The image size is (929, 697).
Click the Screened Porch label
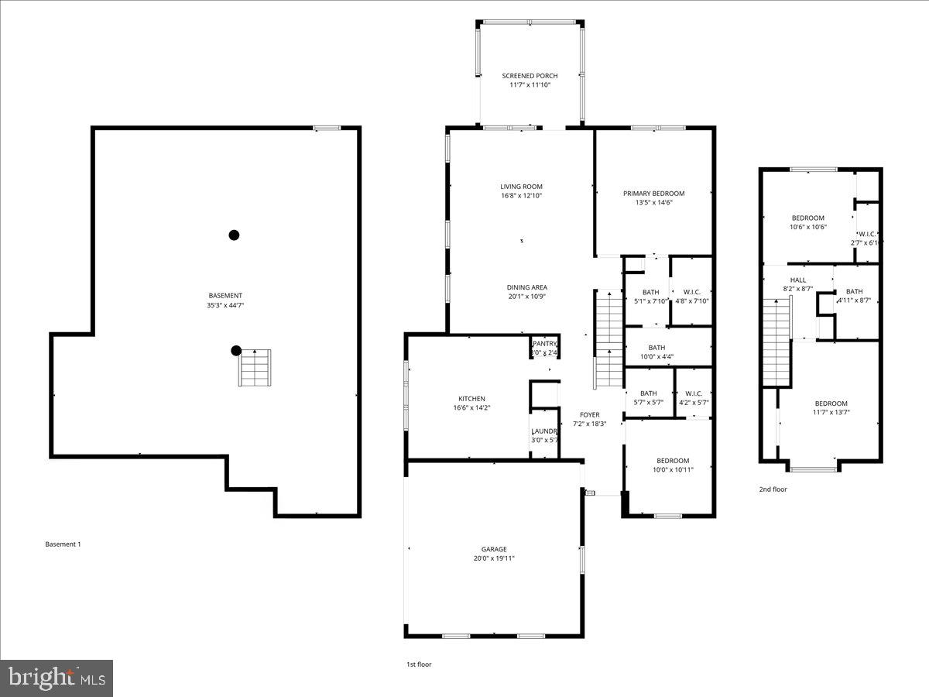click(x=530, y=76)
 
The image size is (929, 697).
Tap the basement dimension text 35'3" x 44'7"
click(x=225, y=305)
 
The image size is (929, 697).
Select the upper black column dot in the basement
click(x=234, y=235)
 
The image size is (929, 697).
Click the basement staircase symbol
click(x=255, y=368)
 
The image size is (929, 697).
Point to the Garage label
click(x=494, y=549)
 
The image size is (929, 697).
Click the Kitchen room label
click(x=471, y=398)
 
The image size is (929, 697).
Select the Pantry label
click(x=544, y=344)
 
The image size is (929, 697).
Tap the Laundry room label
click(x=544, y=431)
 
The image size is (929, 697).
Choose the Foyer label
click(x=590, y=415)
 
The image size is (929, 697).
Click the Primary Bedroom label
click(x=654, y=194)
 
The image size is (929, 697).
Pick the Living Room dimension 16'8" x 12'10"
click(x=521, y=196)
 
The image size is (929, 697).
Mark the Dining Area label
click(x=527, y=287)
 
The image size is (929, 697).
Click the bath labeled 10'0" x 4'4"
click(x=656, y=357)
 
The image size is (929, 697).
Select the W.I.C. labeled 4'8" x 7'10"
click(x=691, y=301)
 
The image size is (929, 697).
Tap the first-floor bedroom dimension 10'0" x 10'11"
click(x=671, y=469)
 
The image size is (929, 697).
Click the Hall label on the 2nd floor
click(x=797, y=280)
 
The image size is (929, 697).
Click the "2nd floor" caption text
click(x=773, y=489)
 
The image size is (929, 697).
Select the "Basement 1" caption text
click(x=63, y=544)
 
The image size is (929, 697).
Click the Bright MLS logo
click(x=57, y=678)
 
